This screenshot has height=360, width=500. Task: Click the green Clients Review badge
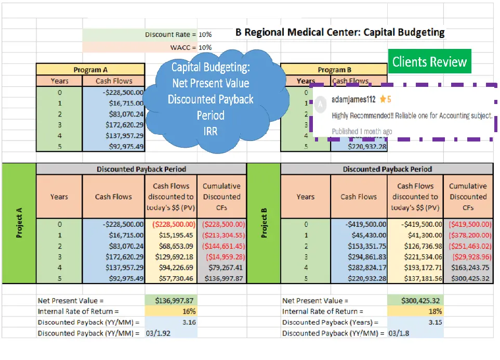429,62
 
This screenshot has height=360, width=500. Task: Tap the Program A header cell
90,70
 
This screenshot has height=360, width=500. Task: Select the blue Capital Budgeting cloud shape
210,99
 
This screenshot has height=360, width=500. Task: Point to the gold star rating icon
383,99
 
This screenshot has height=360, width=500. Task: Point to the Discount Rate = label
170,35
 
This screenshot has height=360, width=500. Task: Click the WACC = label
183,47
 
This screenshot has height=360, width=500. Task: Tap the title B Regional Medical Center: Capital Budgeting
340,32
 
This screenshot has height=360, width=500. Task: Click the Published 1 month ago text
362,131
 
